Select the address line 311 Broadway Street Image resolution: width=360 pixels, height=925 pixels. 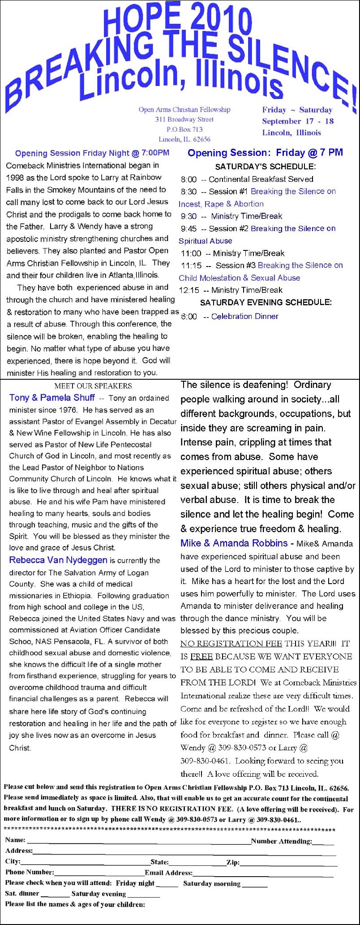[184, 120]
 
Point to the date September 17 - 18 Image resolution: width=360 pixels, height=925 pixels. [298, 121]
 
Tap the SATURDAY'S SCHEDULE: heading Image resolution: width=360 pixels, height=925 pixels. [265, 167]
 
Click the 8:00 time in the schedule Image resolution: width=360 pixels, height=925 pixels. [189, 180]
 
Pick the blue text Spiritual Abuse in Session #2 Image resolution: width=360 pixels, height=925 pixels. [206, 241]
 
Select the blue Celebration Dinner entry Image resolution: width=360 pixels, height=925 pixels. [244, 316]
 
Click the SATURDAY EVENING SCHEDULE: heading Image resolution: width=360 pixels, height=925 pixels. [266, 303]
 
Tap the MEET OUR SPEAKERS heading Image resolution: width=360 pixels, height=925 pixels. [93, 386]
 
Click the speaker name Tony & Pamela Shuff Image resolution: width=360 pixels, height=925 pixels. [52, 398]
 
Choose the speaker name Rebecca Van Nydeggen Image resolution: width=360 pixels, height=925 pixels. [58, 560]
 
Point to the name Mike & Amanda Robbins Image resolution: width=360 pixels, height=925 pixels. [234, 543]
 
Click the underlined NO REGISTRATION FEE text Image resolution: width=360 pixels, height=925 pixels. [231, 644]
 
